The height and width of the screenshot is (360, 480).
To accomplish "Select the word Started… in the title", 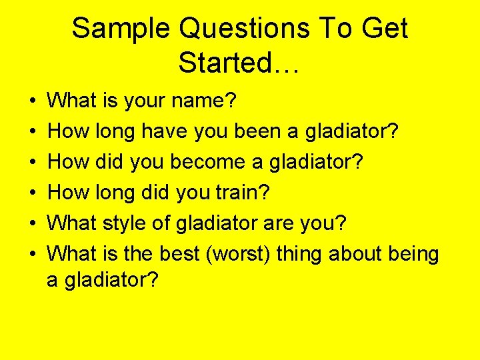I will click(x=240, y=63).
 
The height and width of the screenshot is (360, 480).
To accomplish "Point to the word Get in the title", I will click(x=385, y=29).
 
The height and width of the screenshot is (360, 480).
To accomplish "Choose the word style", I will click(x=127, y=224).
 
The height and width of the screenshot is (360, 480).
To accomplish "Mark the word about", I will click(x=357, y=254).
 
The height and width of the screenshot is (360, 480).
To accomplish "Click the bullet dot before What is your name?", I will click(x=33, y=102).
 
